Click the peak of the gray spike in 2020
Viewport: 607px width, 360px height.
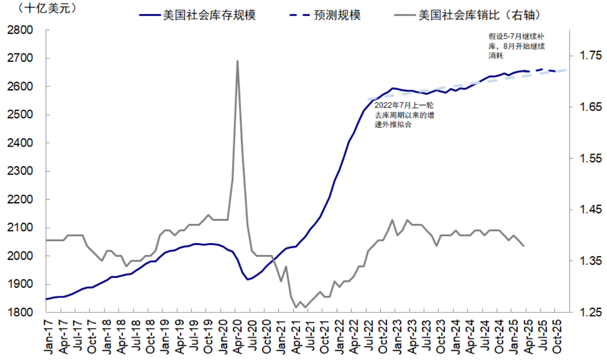237,61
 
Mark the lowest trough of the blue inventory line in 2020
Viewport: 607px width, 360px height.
247,280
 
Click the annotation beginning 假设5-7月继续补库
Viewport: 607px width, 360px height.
517,46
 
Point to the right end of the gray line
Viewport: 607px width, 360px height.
524,246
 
